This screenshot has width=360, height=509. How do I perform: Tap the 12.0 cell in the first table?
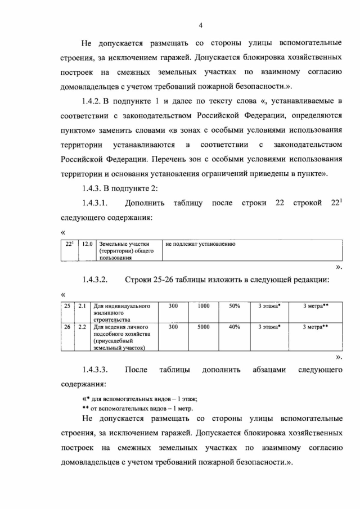pos(87,244)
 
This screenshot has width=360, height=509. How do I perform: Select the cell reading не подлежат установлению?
pos(200,244)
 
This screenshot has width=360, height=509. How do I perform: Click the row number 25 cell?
pos(67,306)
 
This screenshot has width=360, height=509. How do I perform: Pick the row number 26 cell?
pos(67,326)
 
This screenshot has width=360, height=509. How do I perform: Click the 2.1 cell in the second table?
pos(82,306)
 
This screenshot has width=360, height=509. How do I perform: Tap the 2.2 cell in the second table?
pos(82,326)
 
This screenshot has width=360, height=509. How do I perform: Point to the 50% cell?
pos(235,306)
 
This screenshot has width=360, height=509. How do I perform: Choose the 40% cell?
pos(235,326)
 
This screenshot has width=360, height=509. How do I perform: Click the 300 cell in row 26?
pos(173,326)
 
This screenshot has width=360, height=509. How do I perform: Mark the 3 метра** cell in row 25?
pos(316,306)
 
